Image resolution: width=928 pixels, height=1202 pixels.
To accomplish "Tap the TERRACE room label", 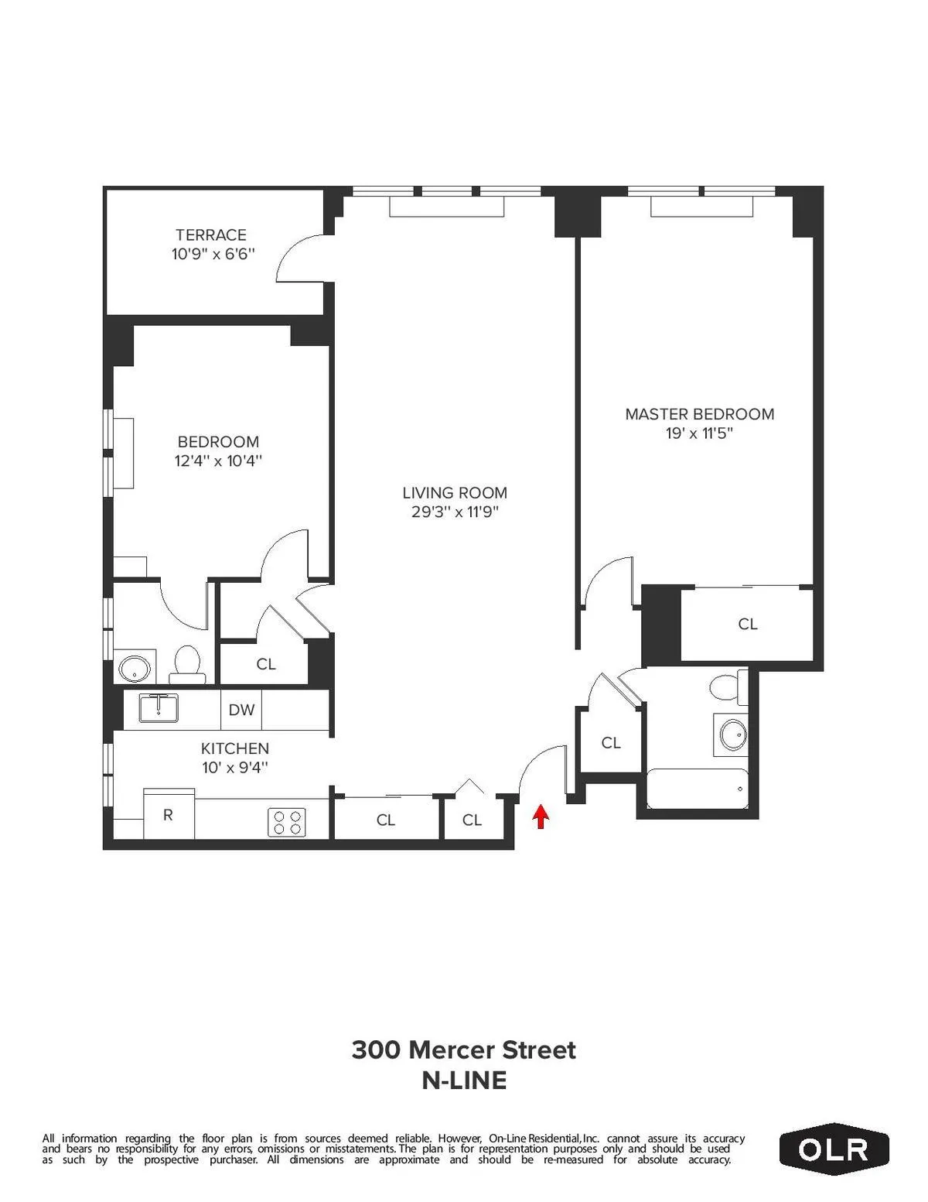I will point(210,235).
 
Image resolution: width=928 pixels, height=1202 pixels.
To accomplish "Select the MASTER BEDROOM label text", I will point(699,414).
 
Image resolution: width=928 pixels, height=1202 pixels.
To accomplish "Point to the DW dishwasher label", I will point(241,710).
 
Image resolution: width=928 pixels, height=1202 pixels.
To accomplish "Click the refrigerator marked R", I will point(168,814).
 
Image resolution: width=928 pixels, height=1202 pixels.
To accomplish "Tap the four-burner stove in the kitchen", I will point(287,821).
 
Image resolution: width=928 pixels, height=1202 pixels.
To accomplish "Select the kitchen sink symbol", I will point(159,707).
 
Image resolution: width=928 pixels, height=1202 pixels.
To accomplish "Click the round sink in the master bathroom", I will point(732,732).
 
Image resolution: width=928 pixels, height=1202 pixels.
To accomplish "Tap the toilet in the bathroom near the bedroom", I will point(187,664).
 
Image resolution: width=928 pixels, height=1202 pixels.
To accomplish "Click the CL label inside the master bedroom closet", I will point(747,624).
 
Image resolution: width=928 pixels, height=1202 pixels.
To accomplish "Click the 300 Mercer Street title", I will point(464,1050).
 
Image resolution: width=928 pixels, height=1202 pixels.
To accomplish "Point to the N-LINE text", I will point(464,1080).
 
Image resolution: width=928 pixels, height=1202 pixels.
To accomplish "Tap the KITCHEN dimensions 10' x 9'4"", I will point(235,768).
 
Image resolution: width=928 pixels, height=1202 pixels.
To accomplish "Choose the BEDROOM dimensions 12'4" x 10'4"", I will point(218,461).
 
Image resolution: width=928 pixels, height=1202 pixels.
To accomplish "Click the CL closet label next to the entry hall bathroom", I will point(611,743).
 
